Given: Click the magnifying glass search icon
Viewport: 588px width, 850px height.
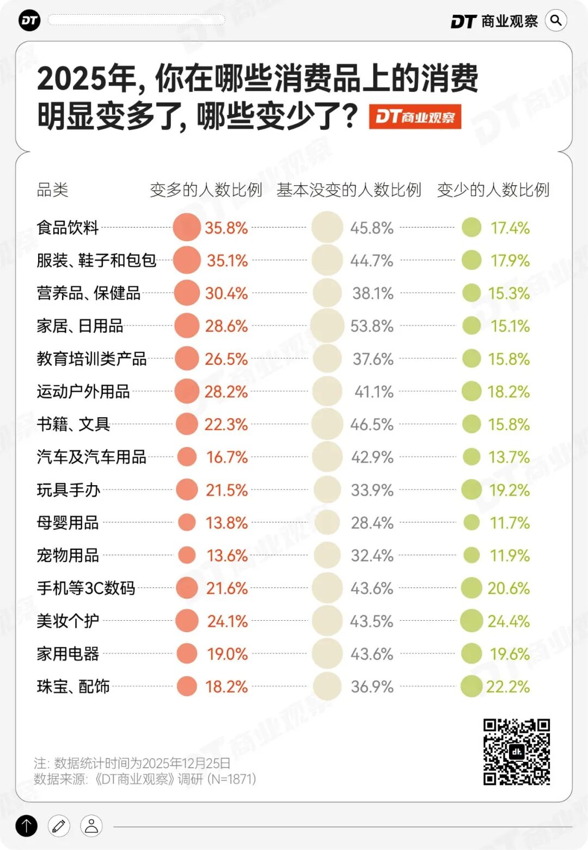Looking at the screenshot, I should (x=556, y=21).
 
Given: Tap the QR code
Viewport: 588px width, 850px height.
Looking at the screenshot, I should (x=517, y=752).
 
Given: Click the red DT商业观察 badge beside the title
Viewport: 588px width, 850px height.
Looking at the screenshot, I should (x=415, y=117).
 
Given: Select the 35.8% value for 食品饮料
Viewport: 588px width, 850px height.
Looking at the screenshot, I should (x=226, y=228).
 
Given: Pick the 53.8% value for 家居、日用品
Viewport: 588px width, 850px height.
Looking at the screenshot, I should (x=372, y=326).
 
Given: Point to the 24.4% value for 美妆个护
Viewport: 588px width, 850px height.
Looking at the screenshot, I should (x=509, y=621).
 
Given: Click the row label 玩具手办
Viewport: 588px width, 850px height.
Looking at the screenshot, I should (x=69, y=490).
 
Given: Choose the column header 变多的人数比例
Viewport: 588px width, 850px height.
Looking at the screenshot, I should (x=206, y=190).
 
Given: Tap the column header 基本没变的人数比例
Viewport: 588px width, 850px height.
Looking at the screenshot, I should (x=349, y=190).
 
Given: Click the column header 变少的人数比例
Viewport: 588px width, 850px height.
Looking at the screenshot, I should (x=493, y=190).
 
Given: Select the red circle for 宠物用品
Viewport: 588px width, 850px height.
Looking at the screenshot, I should (x=187, y=555).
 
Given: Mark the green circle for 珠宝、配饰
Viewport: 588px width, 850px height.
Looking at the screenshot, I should (x=471, y=686).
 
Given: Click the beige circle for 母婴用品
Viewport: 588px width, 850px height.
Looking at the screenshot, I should (x=327, y=523).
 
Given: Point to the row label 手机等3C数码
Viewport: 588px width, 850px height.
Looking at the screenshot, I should (x=86, y=588).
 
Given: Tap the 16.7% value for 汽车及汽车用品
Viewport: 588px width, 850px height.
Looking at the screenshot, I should (x=227, y=457).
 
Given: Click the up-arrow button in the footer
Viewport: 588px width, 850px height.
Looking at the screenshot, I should (x=27, y=826).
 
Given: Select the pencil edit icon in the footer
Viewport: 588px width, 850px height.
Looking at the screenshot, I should (x=59, y=826).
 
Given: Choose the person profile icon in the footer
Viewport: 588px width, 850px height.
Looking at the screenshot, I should (x=91, y=826).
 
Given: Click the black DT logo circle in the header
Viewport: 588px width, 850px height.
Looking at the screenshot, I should (x=29, y=21).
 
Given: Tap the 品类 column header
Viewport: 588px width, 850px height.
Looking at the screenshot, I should (x=53, y=190).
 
